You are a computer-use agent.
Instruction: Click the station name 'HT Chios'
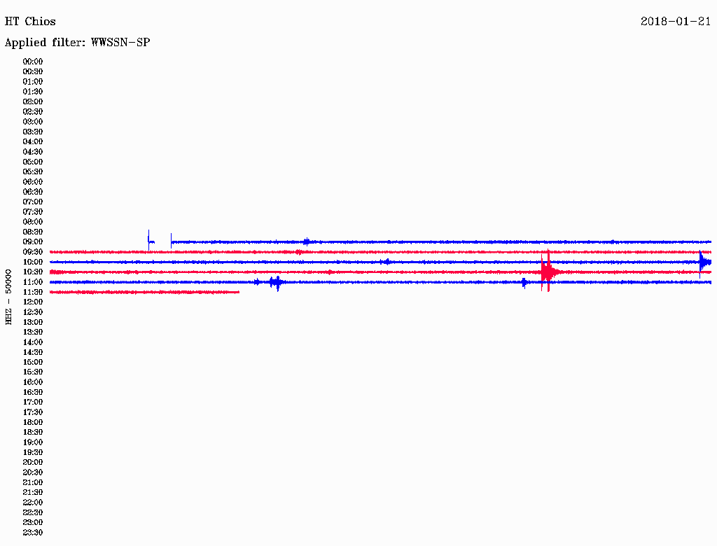tap(30, 22)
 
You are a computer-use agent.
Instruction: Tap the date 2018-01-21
tap(676, 22)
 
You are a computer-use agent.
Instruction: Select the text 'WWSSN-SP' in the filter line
tap(120, 43)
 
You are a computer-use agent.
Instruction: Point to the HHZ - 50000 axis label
tap(8, 297)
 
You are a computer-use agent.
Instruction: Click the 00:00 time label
tap(33, 62)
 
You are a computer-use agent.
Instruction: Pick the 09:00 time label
tap(33, 242)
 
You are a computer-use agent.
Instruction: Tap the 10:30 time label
tap(33, 272)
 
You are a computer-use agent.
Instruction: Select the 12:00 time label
tap(33, 302)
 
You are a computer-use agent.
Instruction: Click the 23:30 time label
tap(33, 532)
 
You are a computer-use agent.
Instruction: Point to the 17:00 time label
tap(33, 402)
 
